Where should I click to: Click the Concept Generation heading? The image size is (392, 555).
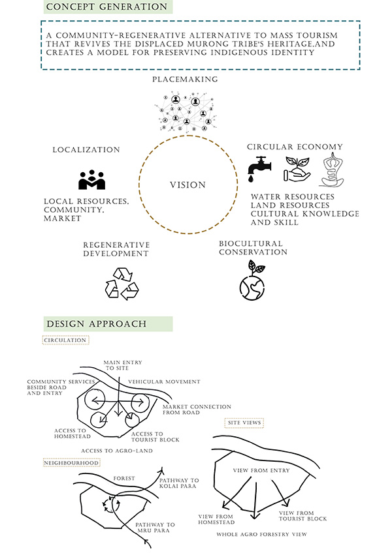pyautogui.click(x=106, y=7)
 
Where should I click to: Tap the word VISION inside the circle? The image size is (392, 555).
pyautogui.click(x=188, y=185)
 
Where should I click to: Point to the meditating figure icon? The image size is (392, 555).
pyautogui.click(x=332, y=168)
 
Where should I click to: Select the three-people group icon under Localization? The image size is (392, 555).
pyautogui.click(x=91, y=179)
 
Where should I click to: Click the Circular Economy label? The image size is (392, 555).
pyautogui.click(x=295, y=147)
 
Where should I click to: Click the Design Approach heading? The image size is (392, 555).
pyautogui.click(x=96, y=324)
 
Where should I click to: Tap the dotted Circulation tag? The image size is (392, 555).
pyautogui.click(x=65, y=340)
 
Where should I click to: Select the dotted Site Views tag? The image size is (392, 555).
pyautogui.click(x=244, y=423)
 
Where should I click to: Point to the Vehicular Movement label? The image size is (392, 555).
pyautogui.click(x=164, y=382)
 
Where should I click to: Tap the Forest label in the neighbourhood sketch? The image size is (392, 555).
pyautogui.click(x=123, y=477)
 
